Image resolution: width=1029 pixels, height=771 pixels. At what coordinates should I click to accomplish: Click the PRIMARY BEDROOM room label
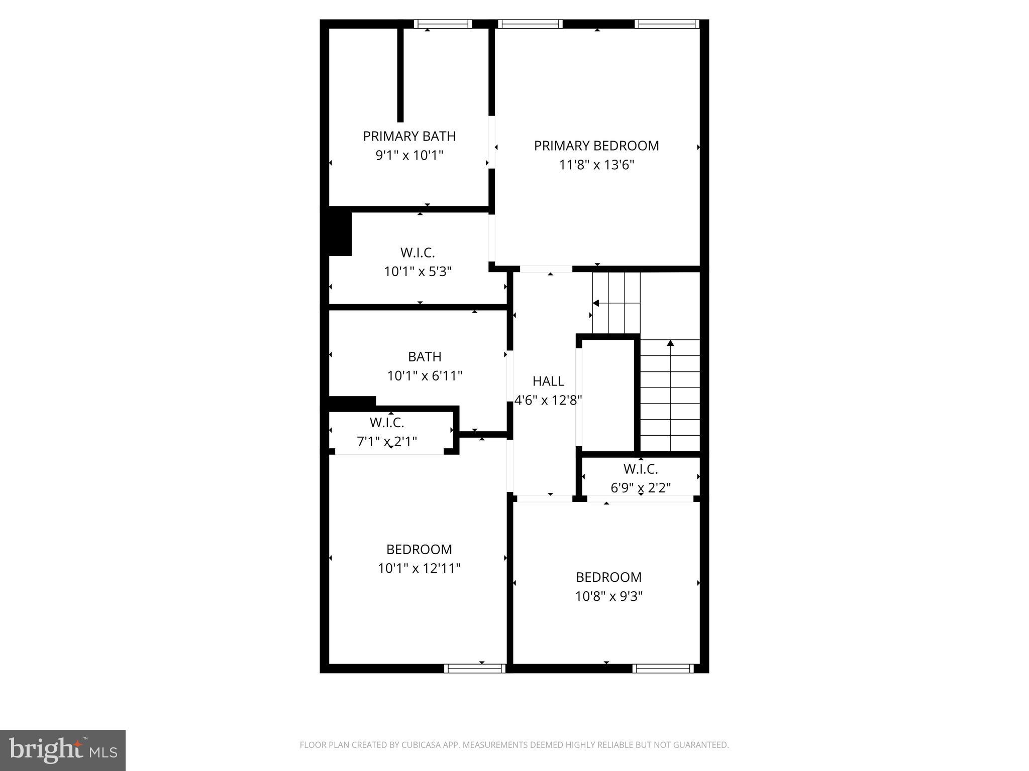pos(596,146)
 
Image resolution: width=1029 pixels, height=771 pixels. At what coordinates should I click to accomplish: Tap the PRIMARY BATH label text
pos(409,136)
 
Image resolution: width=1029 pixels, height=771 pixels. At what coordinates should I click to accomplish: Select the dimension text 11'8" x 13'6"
pos(596,165)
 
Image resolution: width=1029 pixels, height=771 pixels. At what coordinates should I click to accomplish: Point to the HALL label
pos(548,381)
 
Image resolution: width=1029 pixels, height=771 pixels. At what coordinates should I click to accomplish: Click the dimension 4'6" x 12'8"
pos(548,400)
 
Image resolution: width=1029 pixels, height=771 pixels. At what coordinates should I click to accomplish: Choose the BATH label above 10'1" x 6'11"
pos(425,356)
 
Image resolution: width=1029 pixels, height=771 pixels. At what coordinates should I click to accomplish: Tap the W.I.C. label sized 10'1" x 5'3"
pos(418,252)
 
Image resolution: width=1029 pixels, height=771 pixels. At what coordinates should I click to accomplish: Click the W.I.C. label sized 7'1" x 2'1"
pos(387,422)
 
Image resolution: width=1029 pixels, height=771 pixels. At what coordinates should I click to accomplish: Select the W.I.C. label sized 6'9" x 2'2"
pos(641,469)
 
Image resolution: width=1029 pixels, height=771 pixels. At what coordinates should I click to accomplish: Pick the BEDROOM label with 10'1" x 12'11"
pos(419,549)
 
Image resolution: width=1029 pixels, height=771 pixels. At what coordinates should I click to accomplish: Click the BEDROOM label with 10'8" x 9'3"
pos(608,577)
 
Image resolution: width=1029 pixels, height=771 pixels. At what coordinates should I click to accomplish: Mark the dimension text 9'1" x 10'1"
pos(409,155)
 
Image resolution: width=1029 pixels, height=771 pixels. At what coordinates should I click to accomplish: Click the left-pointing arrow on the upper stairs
pos(596,303)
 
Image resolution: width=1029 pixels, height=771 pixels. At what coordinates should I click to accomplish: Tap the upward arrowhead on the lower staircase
pos(670,343)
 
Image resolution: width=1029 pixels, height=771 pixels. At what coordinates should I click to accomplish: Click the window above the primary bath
pos(443,24)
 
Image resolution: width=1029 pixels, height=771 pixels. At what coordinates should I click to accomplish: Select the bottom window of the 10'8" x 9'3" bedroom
pos(663,668)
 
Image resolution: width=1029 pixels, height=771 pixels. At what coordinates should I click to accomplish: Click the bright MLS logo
pos(63,750)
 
